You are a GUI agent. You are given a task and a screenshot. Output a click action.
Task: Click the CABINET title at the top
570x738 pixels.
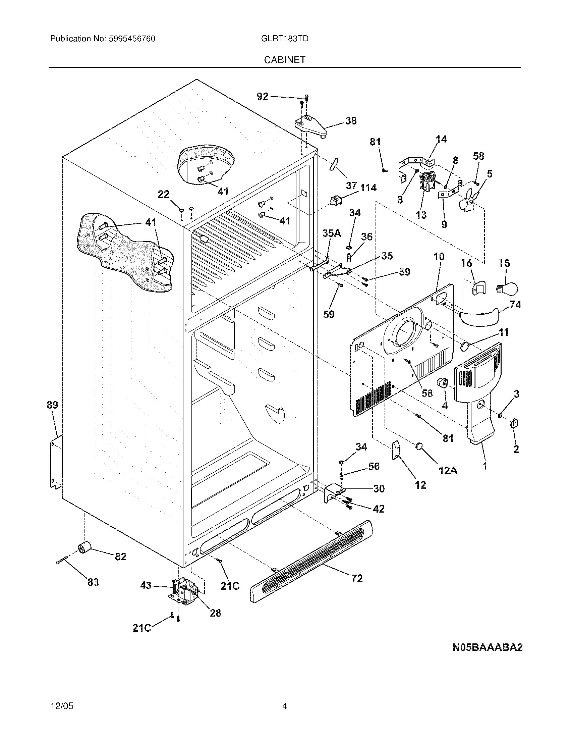click(284, 60)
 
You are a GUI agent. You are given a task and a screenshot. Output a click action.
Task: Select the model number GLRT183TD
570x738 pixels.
click(284, 39)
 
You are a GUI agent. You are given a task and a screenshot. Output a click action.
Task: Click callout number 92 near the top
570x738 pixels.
click(263, 97)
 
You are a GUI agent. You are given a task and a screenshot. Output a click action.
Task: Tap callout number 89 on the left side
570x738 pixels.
click(53, 405)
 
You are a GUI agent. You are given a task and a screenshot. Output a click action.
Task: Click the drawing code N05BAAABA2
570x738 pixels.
click(487, 647)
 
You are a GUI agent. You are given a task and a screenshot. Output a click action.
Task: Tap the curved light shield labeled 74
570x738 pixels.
click(477, 316)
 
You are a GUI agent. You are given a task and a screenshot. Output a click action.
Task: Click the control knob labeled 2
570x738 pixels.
click(515, 423)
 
